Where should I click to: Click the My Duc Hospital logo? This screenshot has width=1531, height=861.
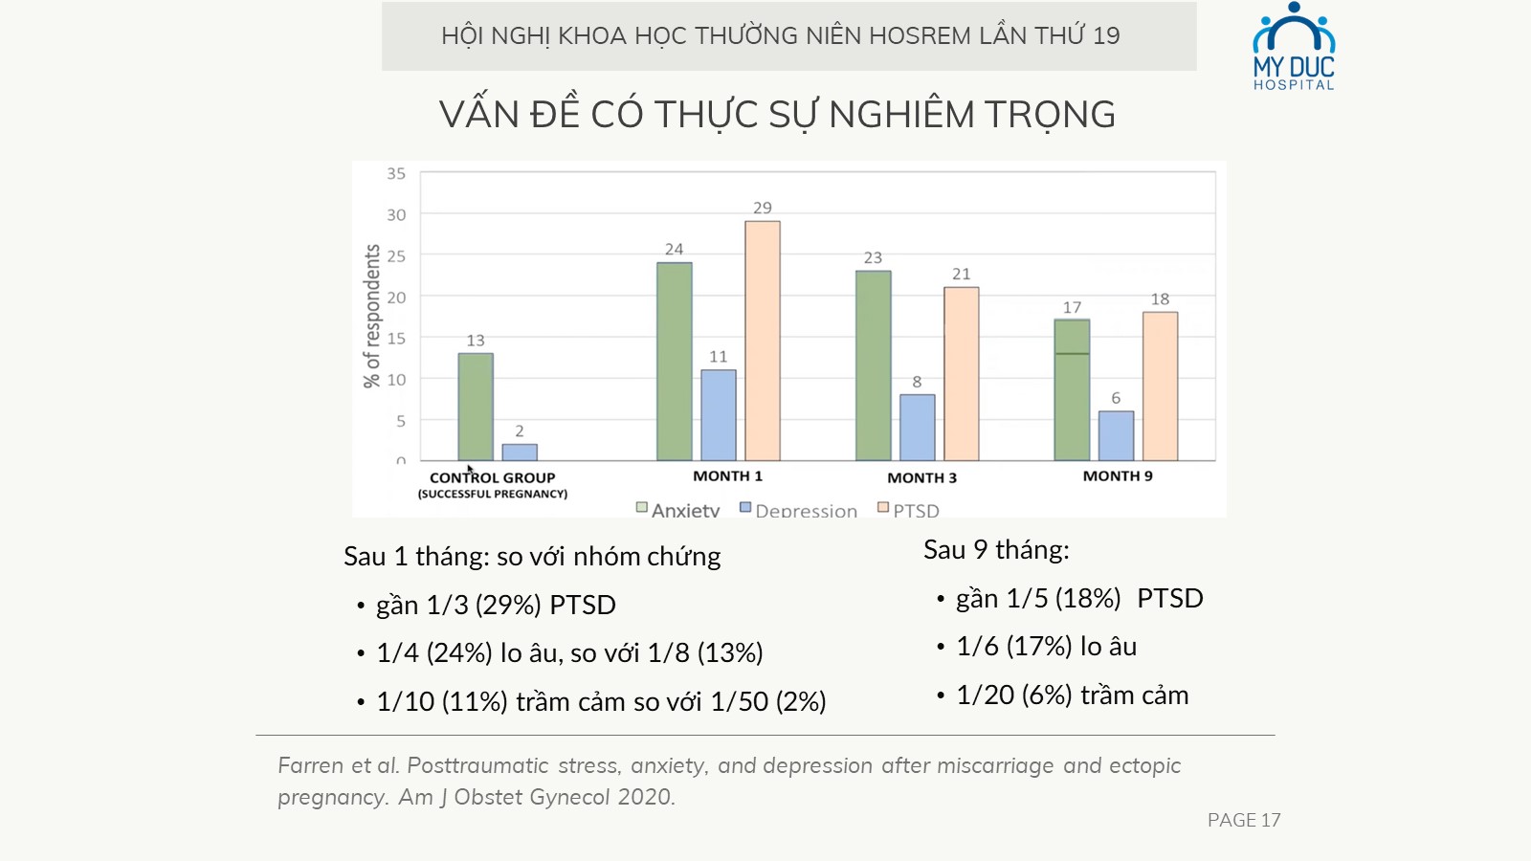pyautogui.click(x=1294, y=47)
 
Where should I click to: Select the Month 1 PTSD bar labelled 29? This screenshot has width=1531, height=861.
pyautogui.click(x=762, y=341)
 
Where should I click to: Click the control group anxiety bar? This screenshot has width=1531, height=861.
pyautogui.click(x=476, y=407)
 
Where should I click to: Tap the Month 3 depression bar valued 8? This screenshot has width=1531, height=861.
pyautogui.click(x=918, y=427)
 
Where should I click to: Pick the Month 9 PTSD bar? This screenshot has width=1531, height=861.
pyautogui.click(x=1160, y=386)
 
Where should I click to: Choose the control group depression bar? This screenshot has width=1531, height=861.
pyautogui.click(x=520, y=453)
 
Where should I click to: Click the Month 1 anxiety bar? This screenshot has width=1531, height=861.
pyautogui.click(x=675, y=362)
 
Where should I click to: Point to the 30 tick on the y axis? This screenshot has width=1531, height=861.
pyautogui.click(x=396, y=214)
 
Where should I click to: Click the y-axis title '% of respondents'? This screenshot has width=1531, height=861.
pyautogui.click(x=372, y=317)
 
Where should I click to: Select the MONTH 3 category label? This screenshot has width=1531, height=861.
pyautogui.click(x=922, y=477)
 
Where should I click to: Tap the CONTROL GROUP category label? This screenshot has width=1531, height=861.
pyautogui.click(x=492, y=477)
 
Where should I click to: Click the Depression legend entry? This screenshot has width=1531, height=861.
pyautogui.click(x=798, y=510)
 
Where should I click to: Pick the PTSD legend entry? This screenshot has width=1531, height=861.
pyautogui.click(x=908, y=510)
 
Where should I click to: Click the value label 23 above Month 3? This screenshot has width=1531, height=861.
pyautogui.click(x=873, y=257)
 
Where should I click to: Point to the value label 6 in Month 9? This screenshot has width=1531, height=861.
pyautogui.click(x=1116, y=398)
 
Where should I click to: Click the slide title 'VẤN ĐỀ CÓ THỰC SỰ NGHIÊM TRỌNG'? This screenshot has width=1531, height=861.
pyautogui.click(x=777, y=114)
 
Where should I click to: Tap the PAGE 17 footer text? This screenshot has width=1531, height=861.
pyautogui.click(x=1244, y=820)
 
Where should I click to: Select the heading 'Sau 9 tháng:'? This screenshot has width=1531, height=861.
pyautogui.click(x=996, y=550)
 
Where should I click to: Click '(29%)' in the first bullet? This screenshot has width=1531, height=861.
pyautogui.click(x=508, y=606)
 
